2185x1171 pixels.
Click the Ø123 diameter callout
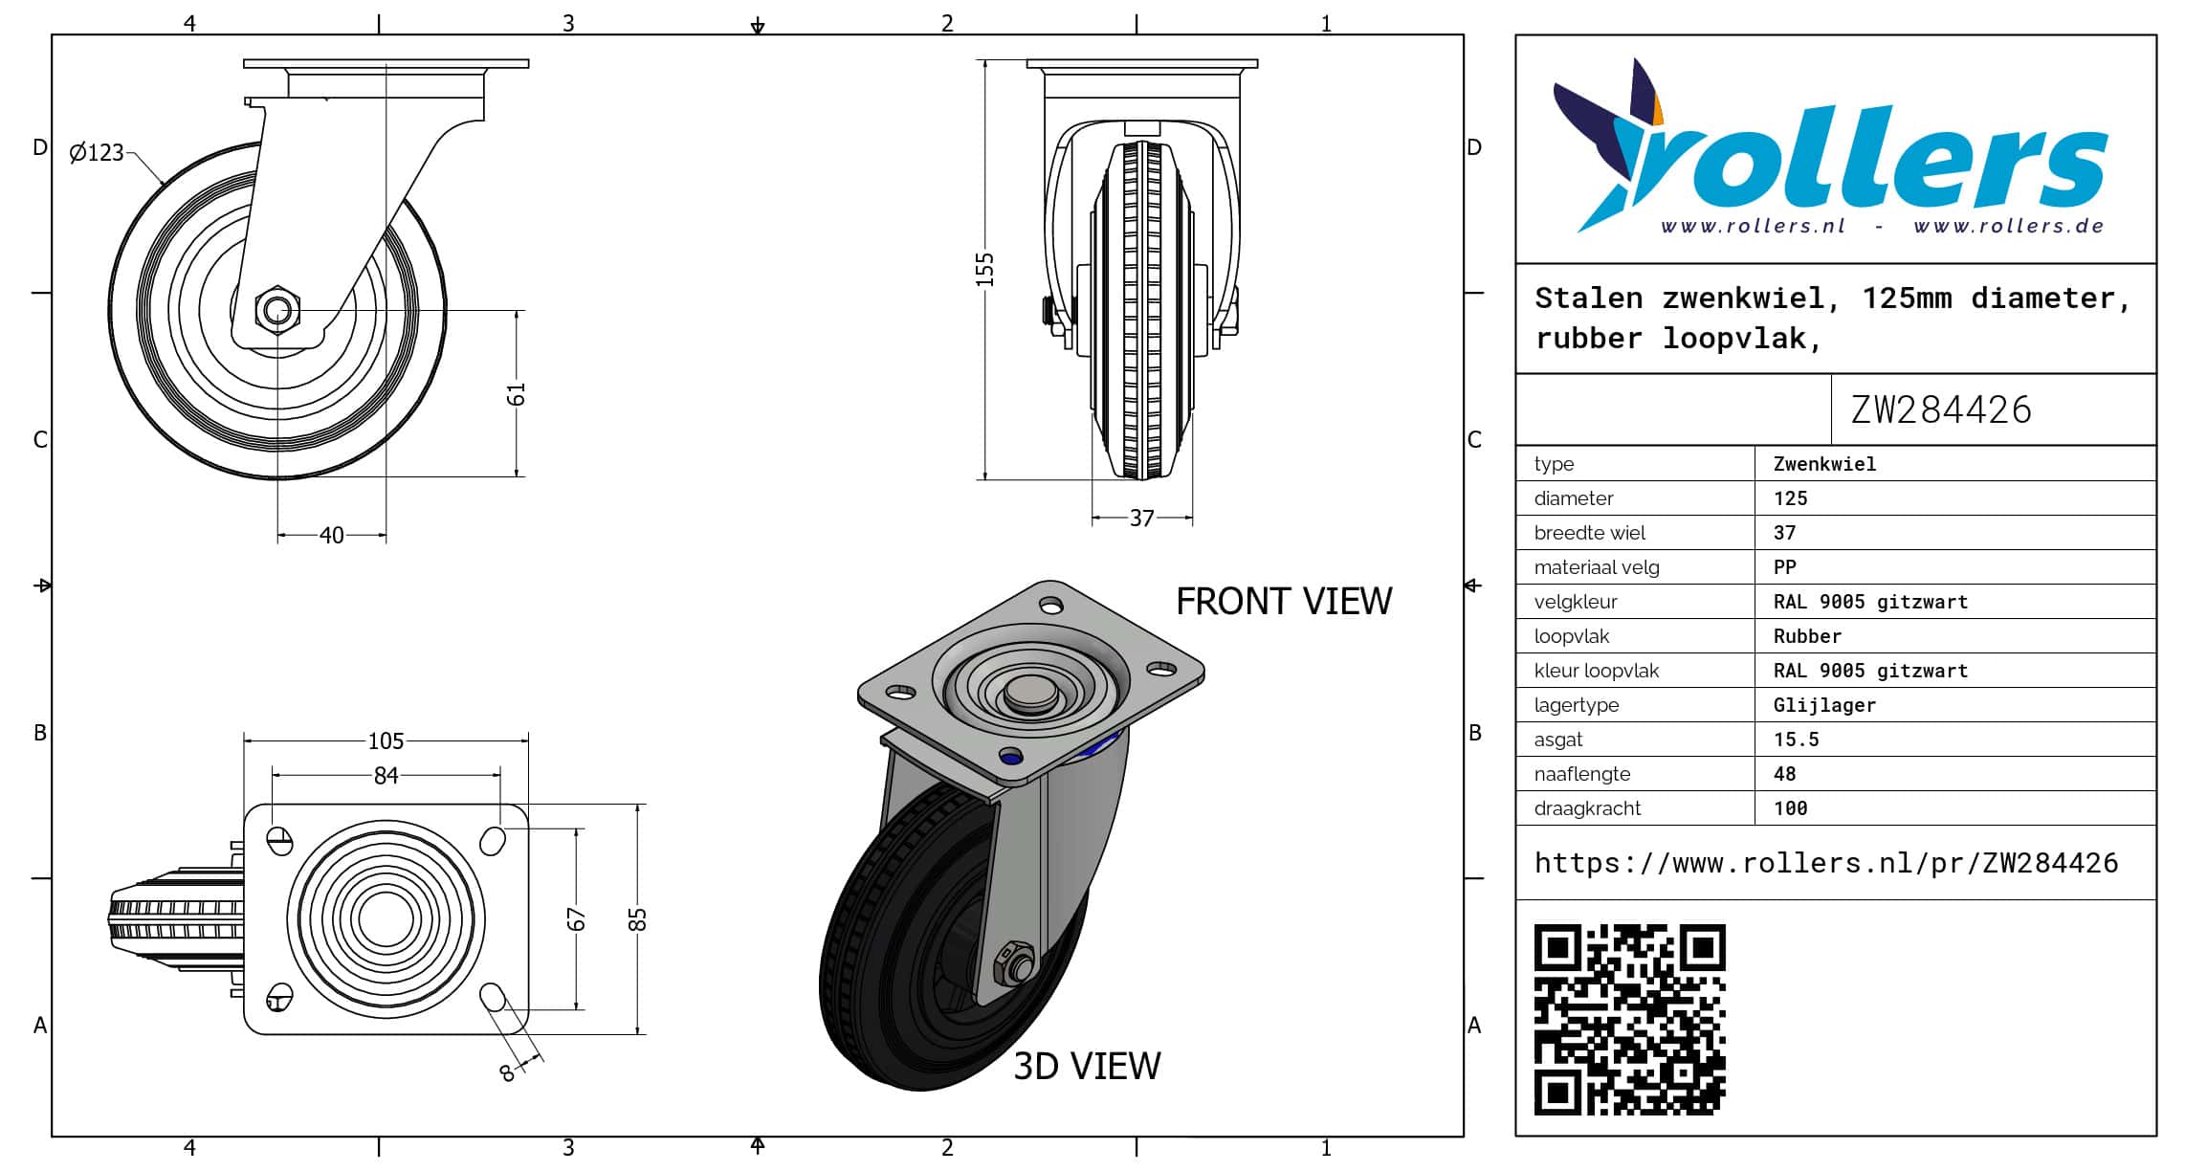coord(97,152)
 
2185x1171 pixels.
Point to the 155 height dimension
coord(985,270)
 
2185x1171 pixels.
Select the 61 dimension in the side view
coord(517,394)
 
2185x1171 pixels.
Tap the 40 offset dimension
coord(332,535)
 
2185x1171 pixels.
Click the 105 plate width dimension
coord(386,740)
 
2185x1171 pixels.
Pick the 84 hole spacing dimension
coord(386,775)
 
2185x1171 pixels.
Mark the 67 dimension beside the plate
coord(576,918)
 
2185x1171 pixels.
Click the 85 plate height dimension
coord(638,918)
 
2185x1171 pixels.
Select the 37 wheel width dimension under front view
coord(1141,518)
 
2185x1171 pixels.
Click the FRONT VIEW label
coord(1284,601)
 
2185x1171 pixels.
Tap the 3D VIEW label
coord(1087,1066)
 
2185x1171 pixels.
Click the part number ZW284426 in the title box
coord(1941,409)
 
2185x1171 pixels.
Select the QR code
coord(1629,1019)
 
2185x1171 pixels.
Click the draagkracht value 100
coord(1790,808)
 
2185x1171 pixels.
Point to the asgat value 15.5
coord(1796,740)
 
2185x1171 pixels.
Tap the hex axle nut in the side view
coord(277,309)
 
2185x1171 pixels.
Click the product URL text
coord(1826,863)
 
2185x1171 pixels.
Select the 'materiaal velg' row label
coord(1597,567)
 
